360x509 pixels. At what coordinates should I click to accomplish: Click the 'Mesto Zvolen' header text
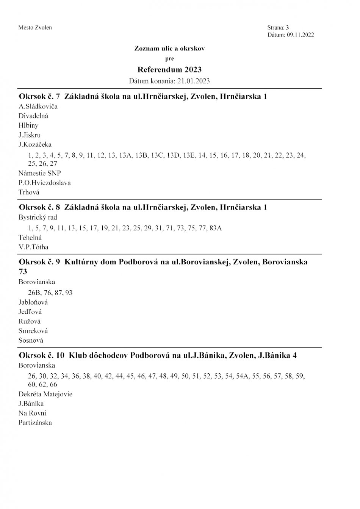tap(35, 28)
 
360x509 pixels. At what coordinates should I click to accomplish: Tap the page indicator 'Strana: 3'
tap(278, 28)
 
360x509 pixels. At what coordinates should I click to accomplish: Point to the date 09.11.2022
tap(300, 35)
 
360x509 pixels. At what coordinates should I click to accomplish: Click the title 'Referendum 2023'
tap(169, 69)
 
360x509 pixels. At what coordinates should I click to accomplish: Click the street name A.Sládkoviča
tap(38, 106)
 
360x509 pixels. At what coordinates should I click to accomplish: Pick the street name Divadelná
tap(33, 116)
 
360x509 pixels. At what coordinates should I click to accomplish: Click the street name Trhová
tap(29, 192)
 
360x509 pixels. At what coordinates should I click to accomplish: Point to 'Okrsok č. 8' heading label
tap(39, 207)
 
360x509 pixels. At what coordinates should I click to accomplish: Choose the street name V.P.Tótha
tap(33, 247)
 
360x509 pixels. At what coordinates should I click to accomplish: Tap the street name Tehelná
tap(30, 238)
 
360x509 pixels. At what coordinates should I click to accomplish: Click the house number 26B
tap(35, 293)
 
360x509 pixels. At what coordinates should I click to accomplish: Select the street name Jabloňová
tap(33, 302)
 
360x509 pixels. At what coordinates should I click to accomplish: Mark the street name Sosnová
tap(31, 340)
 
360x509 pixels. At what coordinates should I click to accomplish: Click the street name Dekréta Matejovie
tap(45, 394)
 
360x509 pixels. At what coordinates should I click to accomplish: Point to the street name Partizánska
tap(35, 423)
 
